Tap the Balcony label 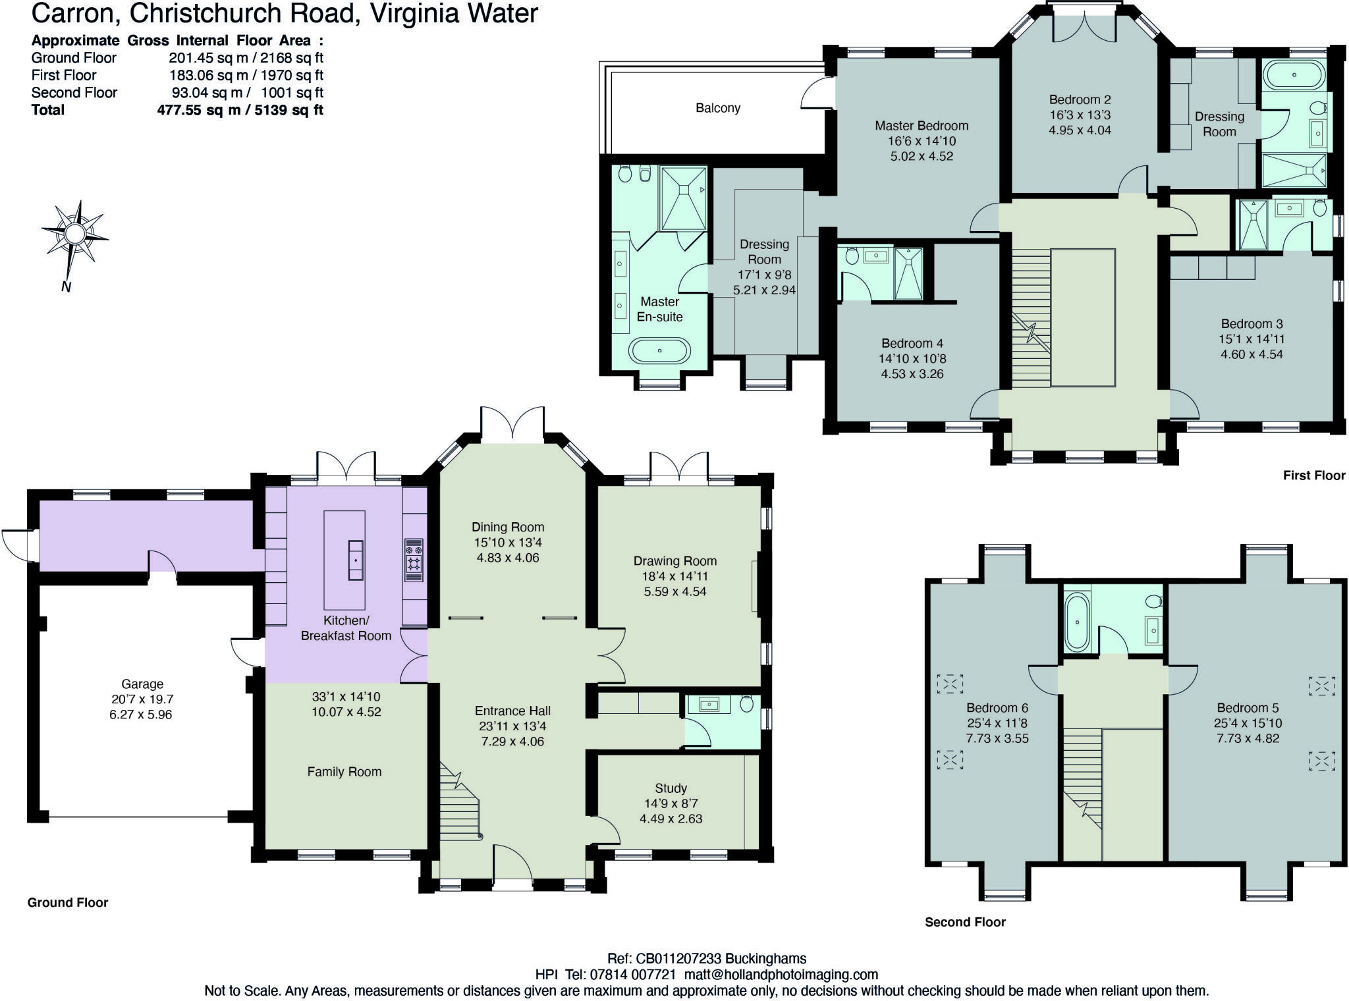point(718,108)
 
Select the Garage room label point(142,684)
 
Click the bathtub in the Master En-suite point(659,350)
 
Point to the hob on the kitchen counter point(414,559)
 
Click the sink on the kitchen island point(356,560)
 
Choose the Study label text point(671,788)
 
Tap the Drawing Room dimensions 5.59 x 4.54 point(675,591)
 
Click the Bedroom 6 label point(997,708)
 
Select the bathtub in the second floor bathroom point(1077,622)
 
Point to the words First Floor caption point(1313,475)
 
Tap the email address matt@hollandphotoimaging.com point(781,975)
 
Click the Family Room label point(344,772)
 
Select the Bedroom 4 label point(912,343)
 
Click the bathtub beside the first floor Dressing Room point(1294,75)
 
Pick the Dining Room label point(508,527)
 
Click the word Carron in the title point(72,13)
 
